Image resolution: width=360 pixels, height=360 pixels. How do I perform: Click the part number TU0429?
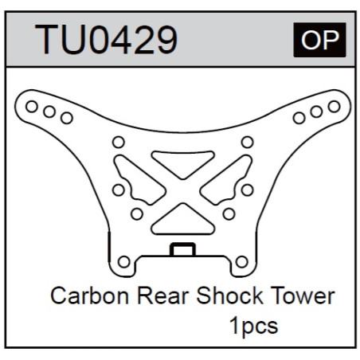coord(106,40)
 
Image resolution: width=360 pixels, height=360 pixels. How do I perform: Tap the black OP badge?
coord(319,40)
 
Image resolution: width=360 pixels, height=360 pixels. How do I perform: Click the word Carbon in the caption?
coord(90,295)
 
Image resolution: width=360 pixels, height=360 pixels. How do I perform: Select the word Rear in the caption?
coord(163,295)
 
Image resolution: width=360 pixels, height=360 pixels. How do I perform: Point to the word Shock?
coord(229,295)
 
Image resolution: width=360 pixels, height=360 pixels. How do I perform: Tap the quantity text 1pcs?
coord(253,326)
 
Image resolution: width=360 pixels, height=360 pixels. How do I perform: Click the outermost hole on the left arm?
coord(32,107)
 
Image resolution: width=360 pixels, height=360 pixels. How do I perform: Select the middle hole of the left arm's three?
coord(49,112)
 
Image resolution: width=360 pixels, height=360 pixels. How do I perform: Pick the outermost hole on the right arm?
coord(334,107)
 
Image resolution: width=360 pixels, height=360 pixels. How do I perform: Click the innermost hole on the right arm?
coord(299,118)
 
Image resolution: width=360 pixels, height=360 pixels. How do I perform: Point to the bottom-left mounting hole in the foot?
coord(123,262)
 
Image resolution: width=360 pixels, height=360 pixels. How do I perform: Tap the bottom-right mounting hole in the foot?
coord(241,262)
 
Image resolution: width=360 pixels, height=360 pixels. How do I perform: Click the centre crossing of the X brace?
coord(182,191)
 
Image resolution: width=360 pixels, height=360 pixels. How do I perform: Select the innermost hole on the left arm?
coord(67,118)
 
